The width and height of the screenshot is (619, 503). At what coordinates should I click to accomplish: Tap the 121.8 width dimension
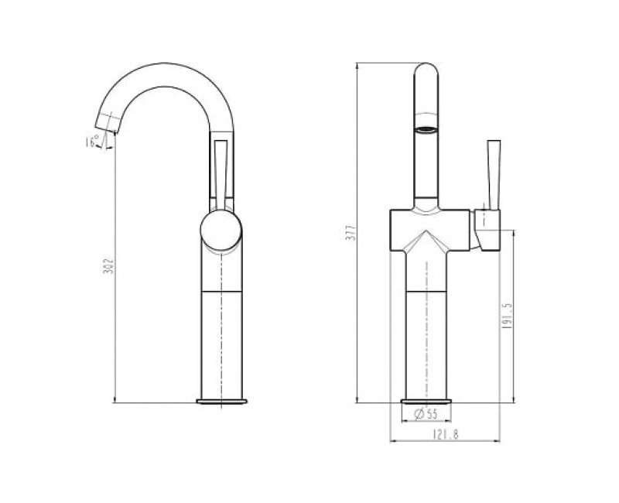[x=446, y=435]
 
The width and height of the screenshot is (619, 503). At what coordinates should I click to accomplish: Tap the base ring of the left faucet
[x=221, y=401]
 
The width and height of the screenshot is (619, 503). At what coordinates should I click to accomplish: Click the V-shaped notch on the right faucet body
[x=425, y=241]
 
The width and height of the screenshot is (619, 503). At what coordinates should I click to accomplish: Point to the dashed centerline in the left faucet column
[x=222, y=340]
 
